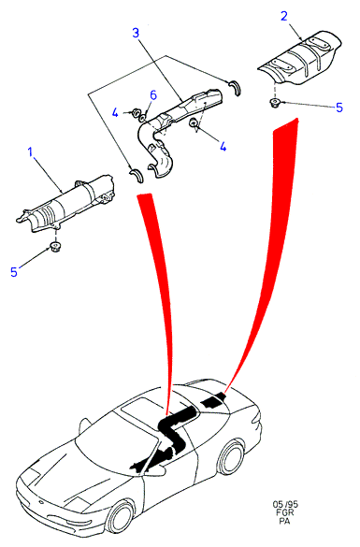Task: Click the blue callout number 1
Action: coord(30,152)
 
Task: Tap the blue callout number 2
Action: coord(284,16)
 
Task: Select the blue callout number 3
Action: coord(136,33)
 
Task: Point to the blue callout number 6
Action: coord(152,94)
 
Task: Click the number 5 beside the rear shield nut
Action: coord(339,108)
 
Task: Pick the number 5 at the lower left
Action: coord(14,272)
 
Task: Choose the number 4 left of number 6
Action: coord(115,113)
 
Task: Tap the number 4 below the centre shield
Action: coord(223,146)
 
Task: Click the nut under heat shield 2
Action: coord(275,103)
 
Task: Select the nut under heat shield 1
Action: coord(55,246)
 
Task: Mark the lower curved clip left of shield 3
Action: coord(137,175)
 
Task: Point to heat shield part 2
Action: coord(299,60)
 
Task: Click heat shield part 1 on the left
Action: coord(66,204)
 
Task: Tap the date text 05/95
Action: coord(285,504)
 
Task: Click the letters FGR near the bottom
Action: coord(285,512)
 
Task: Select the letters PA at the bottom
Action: coord(284,521)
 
